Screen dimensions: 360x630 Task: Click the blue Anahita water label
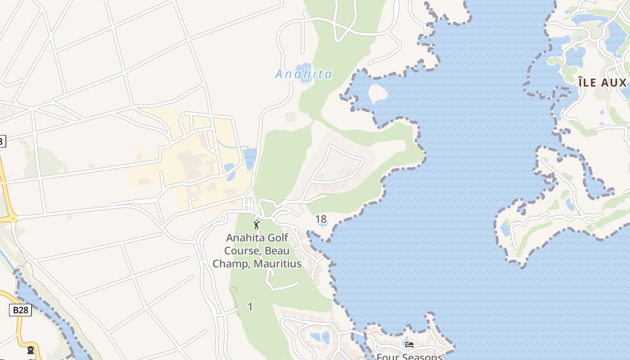point(304,74)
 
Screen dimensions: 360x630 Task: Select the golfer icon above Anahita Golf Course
point(256,225)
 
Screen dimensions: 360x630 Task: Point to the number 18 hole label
point(321,219)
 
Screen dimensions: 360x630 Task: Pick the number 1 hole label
point(250,307)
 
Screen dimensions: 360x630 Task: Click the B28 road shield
point(20,310)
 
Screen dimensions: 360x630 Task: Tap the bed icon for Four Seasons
point(409,345)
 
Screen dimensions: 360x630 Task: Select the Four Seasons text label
point(409,357)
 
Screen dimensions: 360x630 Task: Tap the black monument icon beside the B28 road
point(31,350)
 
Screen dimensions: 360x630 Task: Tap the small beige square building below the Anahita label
point(291,117)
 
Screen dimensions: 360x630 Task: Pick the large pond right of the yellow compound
point(250,158)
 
